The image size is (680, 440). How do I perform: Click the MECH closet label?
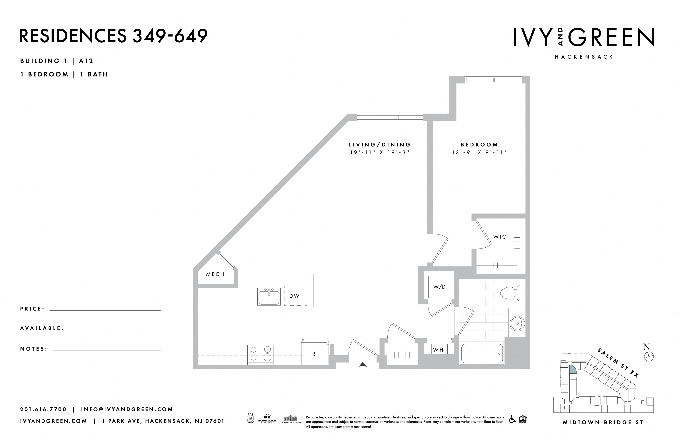pos(215,274)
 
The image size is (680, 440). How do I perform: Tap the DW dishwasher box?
pos(295,296)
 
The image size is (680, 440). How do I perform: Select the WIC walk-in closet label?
pos(500,237)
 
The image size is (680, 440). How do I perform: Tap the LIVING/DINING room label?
pos(380,145)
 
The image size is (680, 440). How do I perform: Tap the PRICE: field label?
pos(32,309)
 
